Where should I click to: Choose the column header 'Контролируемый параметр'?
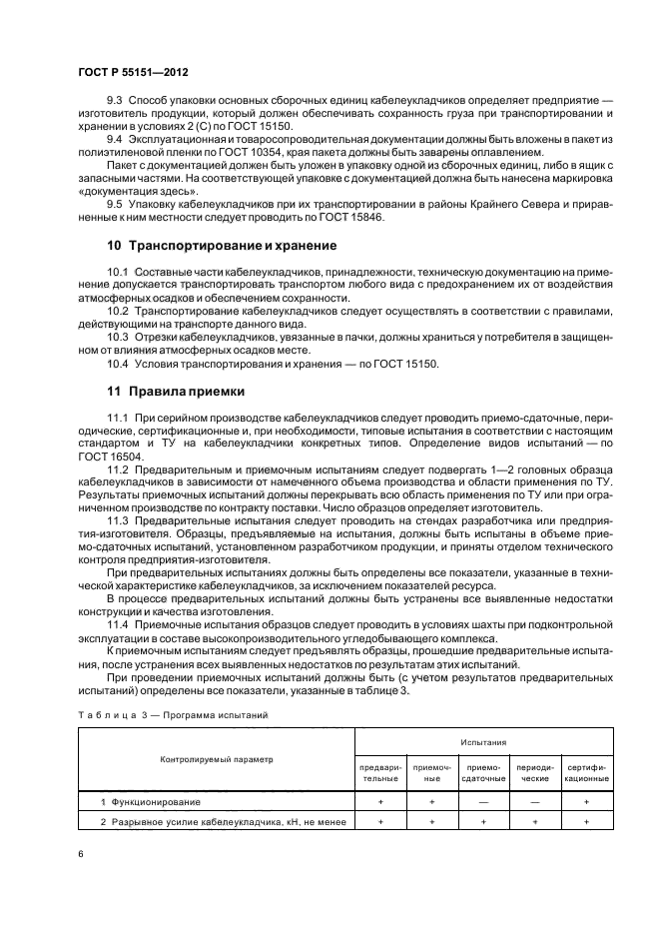click(x=216, y=760)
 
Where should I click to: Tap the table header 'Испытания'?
click(x=482, y=743)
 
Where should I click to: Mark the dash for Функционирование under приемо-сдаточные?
click(x=482, y=802)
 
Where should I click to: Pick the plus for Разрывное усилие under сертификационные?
click(x=586, y=820)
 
